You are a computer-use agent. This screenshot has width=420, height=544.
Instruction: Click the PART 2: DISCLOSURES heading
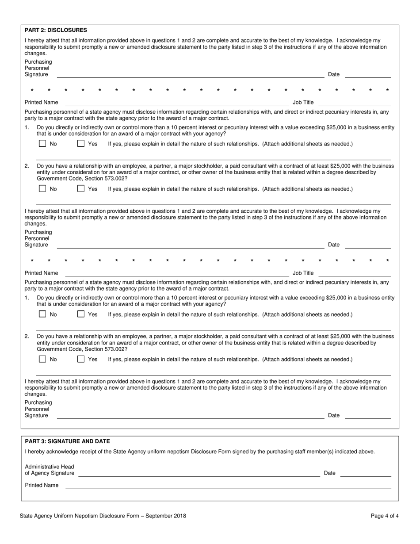pos(56,30)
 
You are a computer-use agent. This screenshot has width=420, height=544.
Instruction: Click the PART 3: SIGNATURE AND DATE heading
pos(67,441)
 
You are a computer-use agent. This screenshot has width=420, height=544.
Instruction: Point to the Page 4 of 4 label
pos(385,516)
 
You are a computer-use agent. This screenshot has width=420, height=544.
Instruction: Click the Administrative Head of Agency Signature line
pos(199,475)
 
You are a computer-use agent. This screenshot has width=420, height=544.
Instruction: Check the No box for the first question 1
pos(42,144)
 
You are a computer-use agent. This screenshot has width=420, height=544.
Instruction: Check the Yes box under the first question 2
pos(81,189)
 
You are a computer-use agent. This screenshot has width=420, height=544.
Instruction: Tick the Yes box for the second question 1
pos(81,314)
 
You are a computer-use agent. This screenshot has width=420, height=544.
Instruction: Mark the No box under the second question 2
pos(42,359)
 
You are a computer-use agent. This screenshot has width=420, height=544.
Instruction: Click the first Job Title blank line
pos(355,105)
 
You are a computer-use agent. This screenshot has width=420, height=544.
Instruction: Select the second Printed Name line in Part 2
pos(177,276)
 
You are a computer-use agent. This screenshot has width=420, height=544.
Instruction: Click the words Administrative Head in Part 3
pos(50,467)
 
